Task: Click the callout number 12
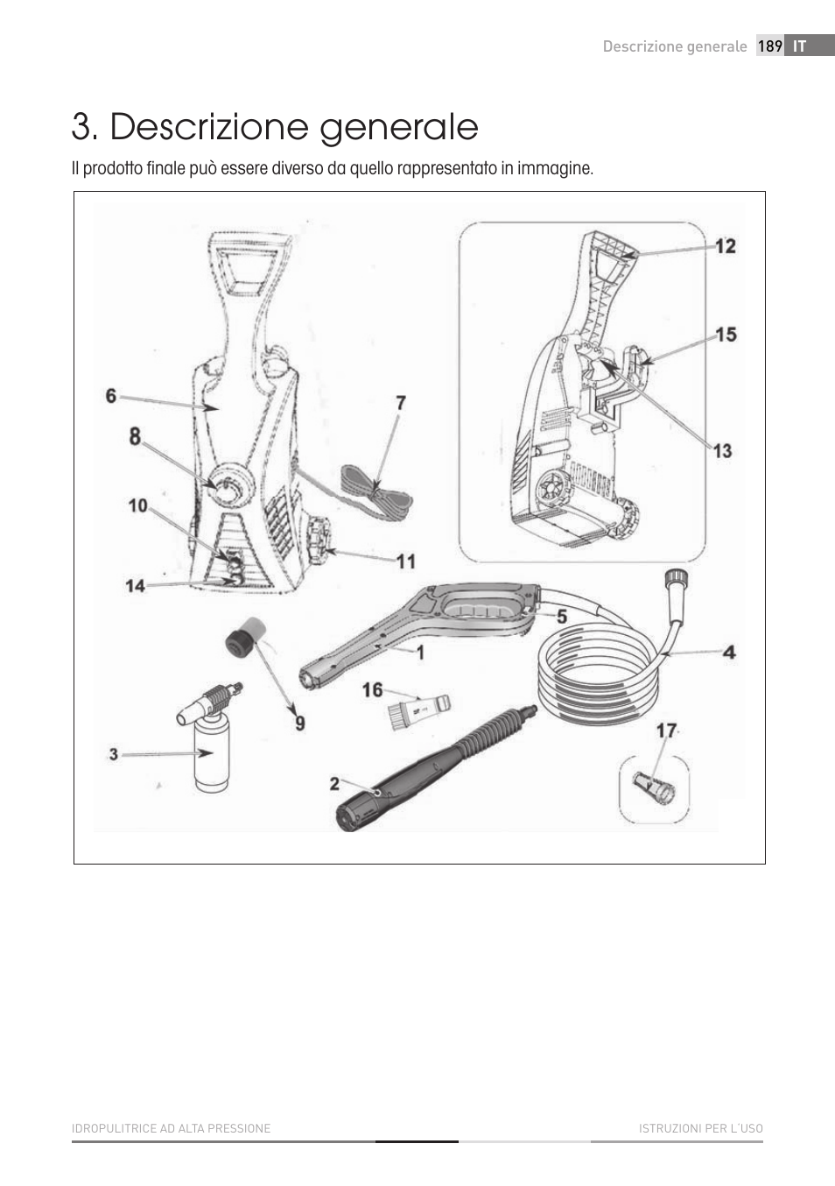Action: point(726,246)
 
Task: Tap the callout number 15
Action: point(726,335)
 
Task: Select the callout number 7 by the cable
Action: point(400,403)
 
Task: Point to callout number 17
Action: point(666,731)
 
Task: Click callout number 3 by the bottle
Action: point(114,753)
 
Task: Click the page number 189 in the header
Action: point(769,46)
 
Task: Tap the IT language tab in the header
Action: point(799,46)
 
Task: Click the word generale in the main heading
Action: point(398,128)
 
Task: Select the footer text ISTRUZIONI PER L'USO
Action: point(700,1128)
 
